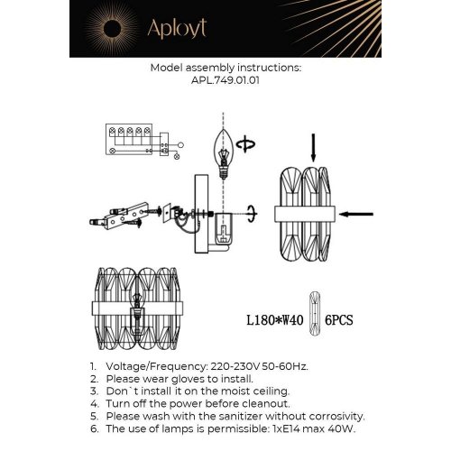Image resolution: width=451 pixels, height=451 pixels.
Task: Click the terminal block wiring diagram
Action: [135, 141]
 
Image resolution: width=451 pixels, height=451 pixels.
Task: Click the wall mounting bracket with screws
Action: [117, 218]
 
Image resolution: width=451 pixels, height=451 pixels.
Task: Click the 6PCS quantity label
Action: [341, 319]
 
